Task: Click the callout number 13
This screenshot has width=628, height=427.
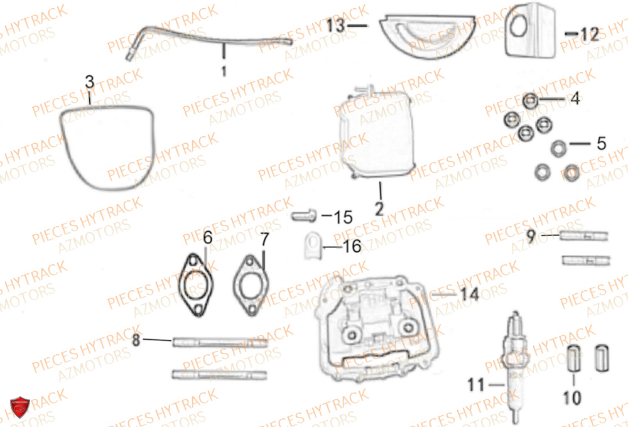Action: point(335,26)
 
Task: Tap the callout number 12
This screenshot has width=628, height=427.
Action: point(589,34)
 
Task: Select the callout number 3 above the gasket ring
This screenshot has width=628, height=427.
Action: point(90,82)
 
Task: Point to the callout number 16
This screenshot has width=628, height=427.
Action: point(352,246)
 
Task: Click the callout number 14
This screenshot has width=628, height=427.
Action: point(470,295)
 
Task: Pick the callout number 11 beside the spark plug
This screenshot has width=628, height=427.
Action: point(476,385)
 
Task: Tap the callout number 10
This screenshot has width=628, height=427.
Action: point(572,397)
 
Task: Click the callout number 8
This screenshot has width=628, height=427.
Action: point(136,340)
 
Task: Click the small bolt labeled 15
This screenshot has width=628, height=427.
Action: point(304,216)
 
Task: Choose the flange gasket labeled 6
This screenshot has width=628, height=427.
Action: point(196,285)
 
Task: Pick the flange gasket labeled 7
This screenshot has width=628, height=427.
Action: point(251,286)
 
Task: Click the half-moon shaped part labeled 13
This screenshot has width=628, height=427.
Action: point(427,36)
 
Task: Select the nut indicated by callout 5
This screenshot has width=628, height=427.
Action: point(558,148)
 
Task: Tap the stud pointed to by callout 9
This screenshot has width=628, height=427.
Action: point(583,236)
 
